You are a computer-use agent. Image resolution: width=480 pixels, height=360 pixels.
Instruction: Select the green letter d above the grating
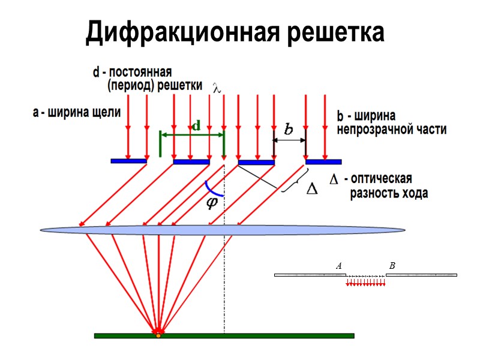click(x=196, y=126)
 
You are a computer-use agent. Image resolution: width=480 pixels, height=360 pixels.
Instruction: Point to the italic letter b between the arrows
click(x=289, y=129)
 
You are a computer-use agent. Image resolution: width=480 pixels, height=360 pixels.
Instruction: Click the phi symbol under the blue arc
click(x=212, y=203)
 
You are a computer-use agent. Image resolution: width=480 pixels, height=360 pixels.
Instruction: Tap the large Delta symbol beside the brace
click(x=313, y=188)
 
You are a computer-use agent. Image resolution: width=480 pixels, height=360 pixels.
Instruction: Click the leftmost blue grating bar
click(x=129, y=161)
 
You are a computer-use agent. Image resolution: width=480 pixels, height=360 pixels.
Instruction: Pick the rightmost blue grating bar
click(x=323, y=161)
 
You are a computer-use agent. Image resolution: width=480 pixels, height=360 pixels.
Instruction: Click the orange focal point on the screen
click(x=158, y=335)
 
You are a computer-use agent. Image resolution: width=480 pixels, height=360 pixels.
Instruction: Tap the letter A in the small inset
click(x=339, y=265)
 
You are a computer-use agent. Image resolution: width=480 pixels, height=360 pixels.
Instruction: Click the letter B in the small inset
click(x=392, y=265)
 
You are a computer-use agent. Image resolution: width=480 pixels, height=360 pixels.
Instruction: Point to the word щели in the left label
click(x=106, y=112)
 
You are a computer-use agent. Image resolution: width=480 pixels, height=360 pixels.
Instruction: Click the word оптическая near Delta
click(x=381, y=179)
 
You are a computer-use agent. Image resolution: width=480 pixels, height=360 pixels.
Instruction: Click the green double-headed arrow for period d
click(x=192, y=134)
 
